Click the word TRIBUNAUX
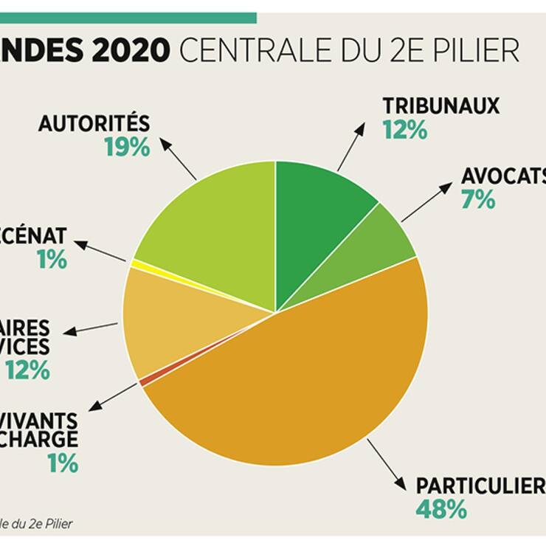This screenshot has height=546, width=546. pyautogui.click(x=440, y=106)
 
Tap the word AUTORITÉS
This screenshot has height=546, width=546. pyautogui.click(x=94, y=122)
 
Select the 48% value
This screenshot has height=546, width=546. pyautogui.click(x=440, y=509)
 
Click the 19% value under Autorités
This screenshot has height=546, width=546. pyautogui.click(x=126, y=147)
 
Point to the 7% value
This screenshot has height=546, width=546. pyautogui.click(x=478, y=199)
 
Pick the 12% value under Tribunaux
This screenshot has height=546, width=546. pyautogui.click(x=404, y=131)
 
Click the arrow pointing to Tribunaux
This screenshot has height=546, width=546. pyautogui.click(x=351, y=147)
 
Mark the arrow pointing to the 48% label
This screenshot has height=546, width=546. pyautogui.click(x=386, y=465)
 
